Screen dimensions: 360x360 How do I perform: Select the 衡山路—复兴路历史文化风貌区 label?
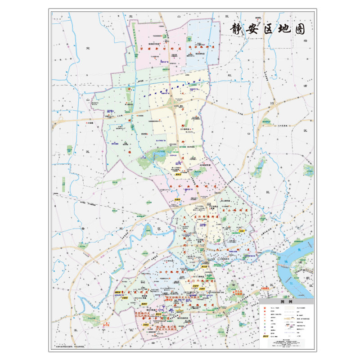[x=162, y=328]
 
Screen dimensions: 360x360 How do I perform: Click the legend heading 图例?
[x=286, y=302]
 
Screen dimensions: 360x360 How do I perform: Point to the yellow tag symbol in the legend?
[x=265, y=336]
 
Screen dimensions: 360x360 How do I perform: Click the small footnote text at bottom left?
[x=72, y=346]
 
